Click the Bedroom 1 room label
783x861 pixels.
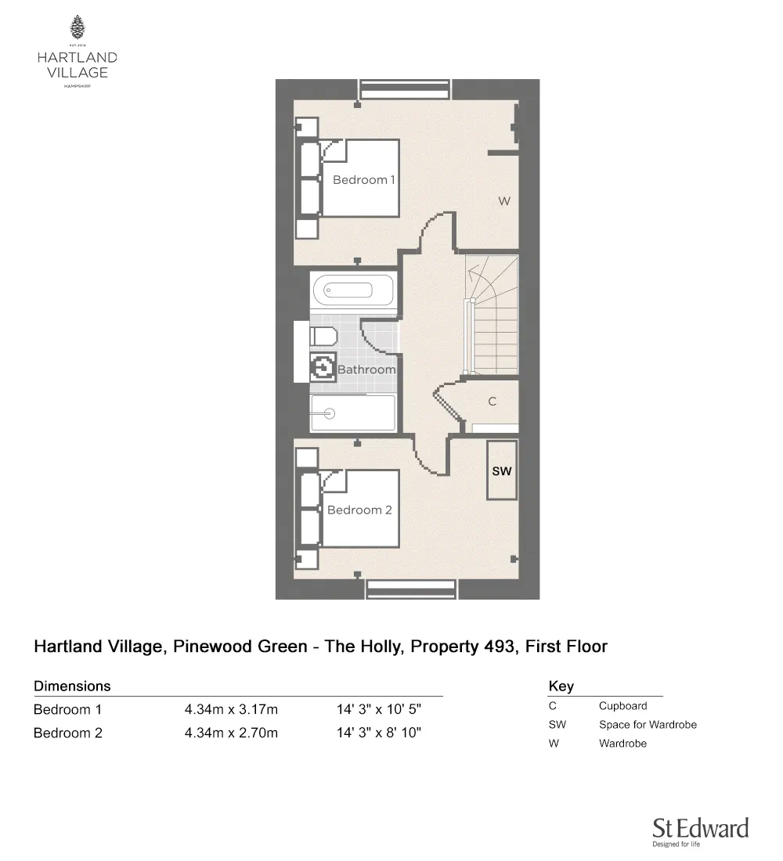point(364,180)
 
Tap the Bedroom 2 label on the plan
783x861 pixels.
point(359,510)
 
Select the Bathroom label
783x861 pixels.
point(366,369)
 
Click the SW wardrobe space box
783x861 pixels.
point(502,470)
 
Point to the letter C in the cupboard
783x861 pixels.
point(493,402)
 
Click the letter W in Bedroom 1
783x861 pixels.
point(504,201)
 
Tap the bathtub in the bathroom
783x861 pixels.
point(353,290)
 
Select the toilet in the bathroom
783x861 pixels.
point(323,336)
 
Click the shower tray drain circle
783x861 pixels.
point(330,413)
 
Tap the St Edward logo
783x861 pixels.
point(701,831)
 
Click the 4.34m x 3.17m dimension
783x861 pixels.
point(231,709)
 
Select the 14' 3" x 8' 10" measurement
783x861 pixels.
point(379,733)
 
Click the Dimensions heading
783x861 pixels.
point(72,686)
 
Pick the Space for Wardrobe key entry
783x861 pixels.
point(648,724)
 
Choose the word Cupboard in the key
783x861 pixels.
point(623,705)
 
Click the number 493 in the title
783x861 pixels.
point(501,647)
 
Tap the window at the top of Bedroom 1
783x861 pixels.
point(404,89)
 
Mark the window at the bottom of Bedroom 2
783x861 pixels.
point(412,589)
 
